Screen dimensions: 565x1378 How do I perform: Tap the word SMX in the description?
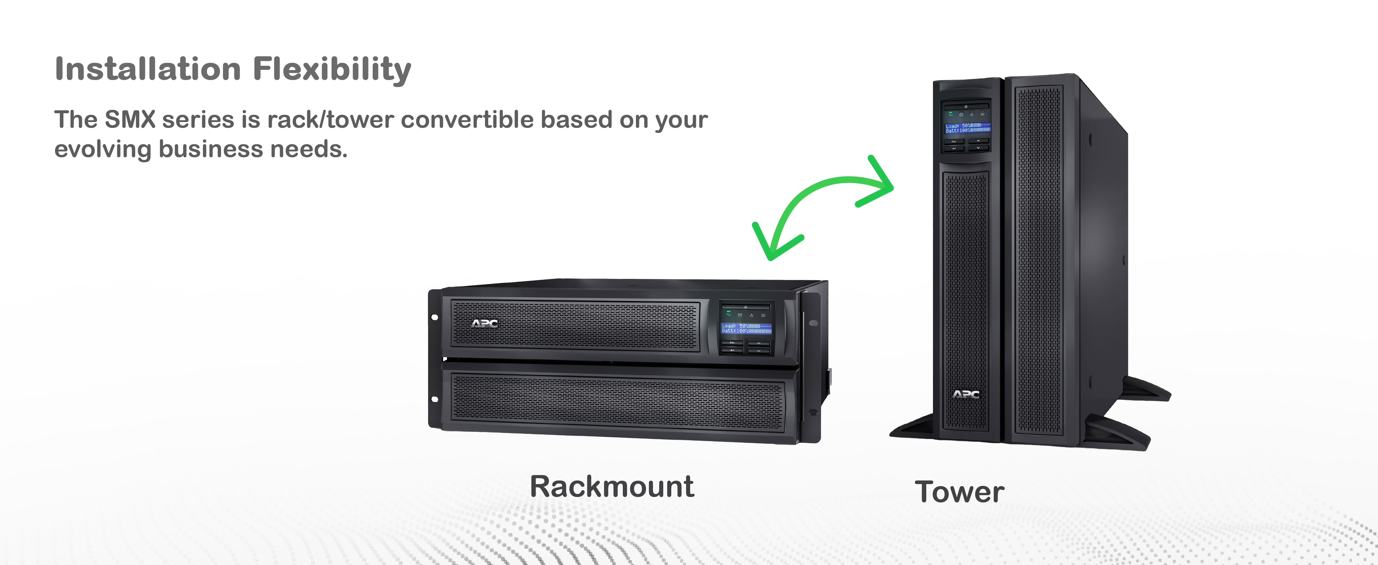click(130, 119)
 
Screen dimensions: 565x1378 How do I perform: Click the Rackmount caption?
click(612, 487)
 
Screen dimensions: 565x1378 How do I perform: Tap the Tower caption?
click(959, 492)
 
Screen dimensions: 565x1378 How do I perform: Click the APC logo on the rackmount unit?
click(484, 323)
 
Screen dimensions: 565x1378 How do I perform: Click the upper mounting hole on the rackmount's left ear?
click(434, 317)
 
